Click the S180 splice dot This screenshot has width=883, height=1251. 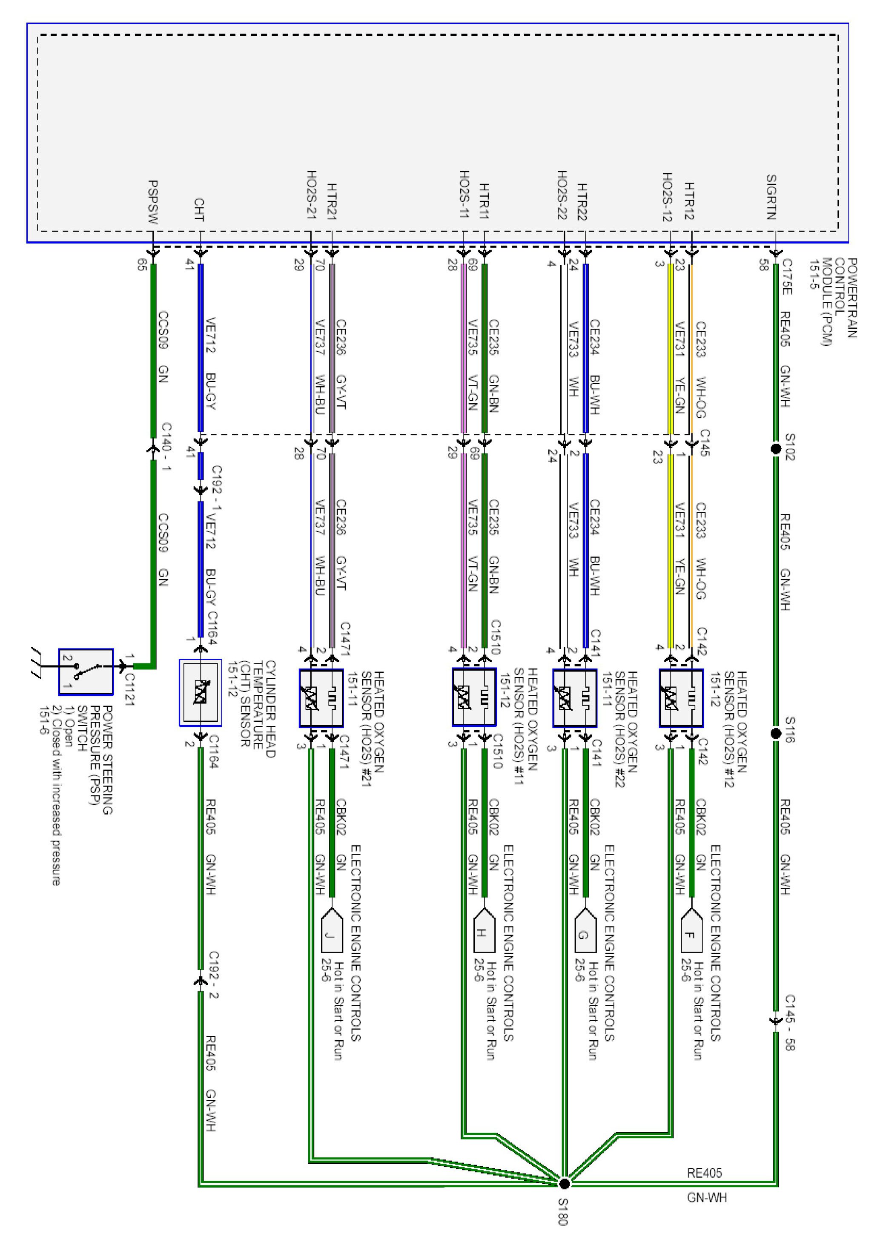565,1183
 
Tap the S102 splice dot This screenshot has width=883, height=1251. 776,449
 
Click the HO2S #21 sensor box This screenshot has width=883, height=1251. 321,698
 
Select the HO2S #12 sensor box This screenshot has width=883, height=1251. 681,698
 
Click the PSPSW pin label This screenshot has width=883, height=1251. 153,202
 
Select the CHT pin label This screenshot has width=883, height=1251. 199,210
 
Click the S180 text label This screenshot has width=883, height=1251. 563,1212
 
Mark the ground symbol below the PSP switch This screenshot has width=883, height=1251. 37,663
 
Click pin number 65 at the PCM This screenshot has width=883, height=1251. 142,265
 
